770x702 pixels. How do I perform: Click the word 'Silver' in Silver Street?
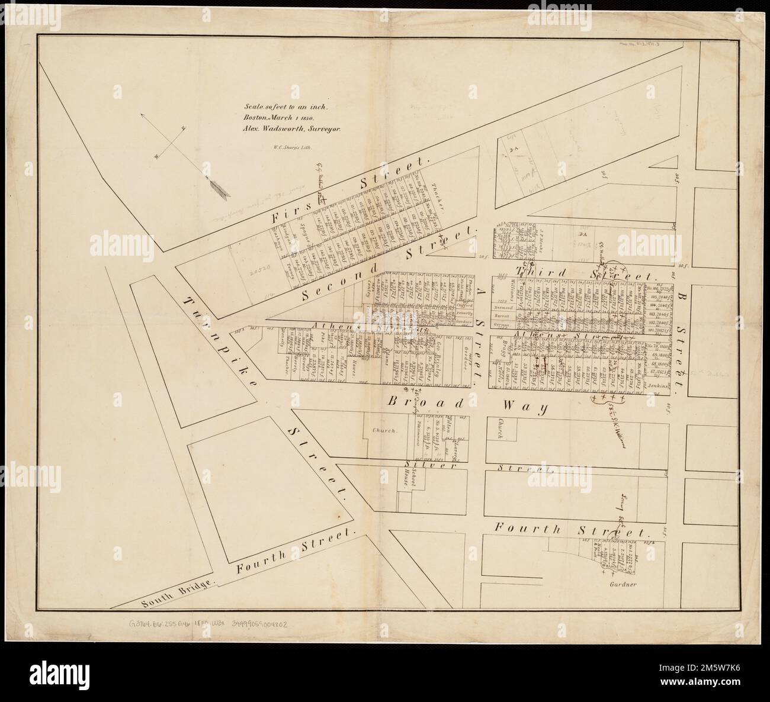[420, 466]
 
